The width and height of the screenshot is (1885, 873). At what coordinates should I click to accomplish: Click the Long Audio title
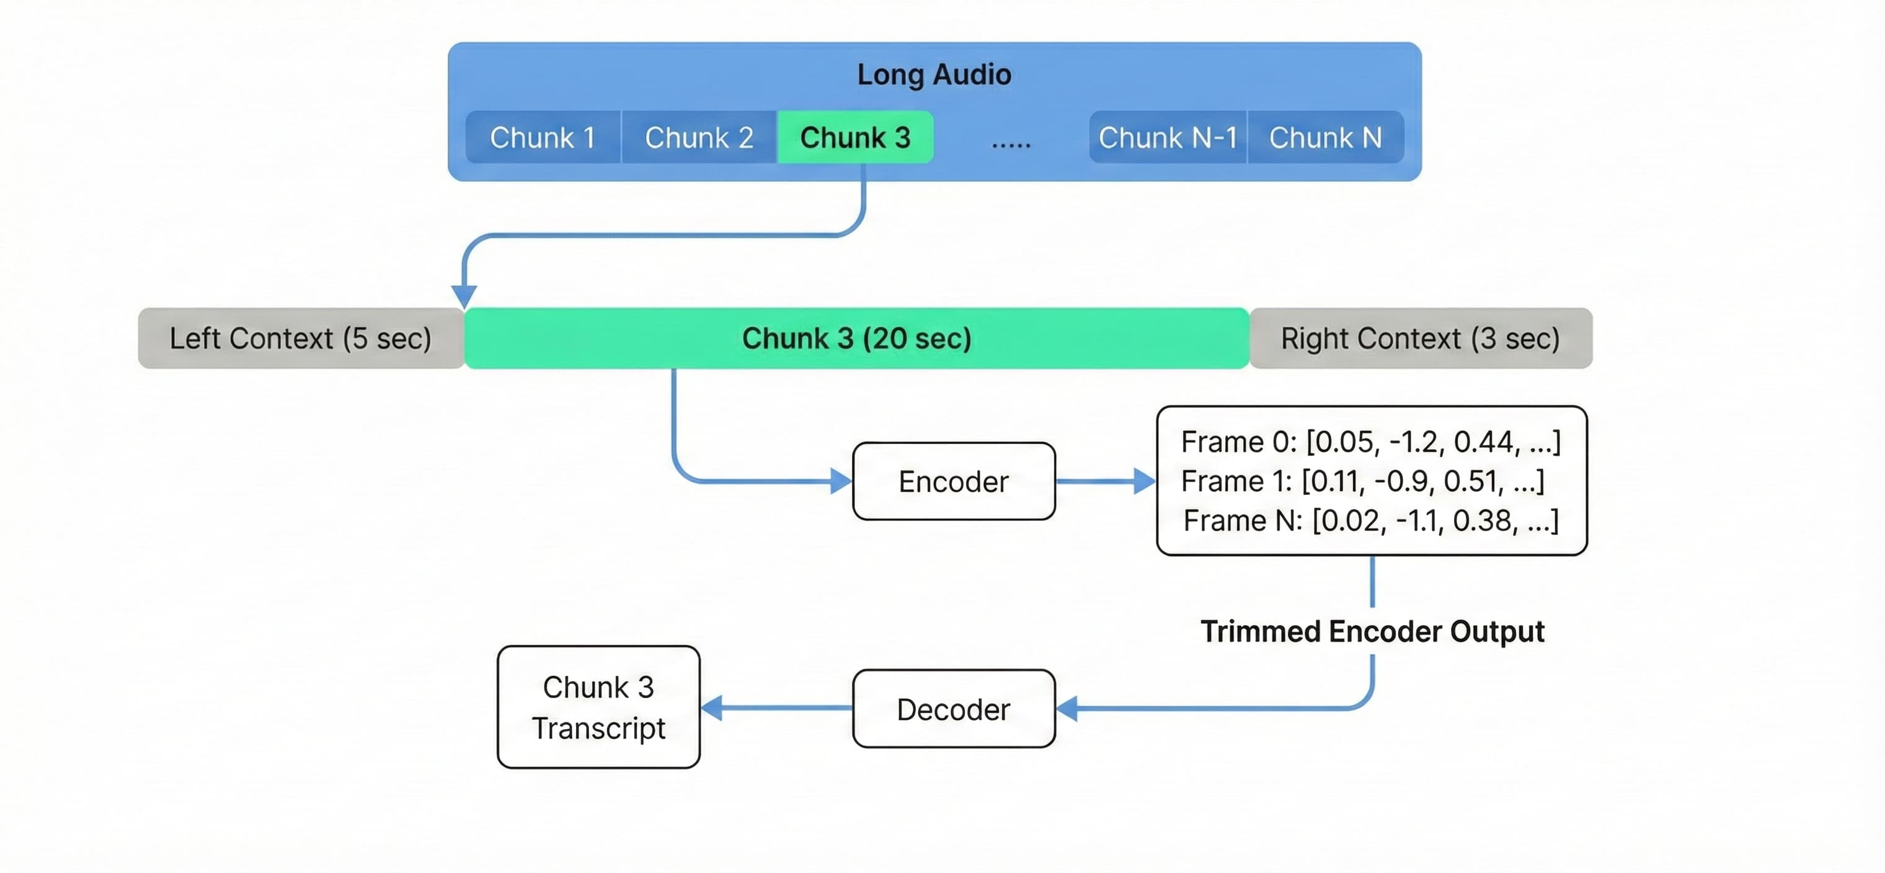[934, 74]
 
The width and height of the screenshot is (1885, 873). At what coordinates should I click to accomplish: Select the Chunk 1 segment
[542, 138]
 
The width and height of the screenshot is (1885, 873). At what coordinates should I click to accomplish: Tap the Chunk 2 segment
[699, 138]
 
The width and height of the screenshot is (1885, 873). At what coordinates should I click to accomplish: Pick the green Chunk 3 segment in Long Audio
[854, 138]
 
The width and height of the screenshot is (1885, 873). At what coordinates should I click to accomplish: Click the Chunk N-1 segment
[1167, 138]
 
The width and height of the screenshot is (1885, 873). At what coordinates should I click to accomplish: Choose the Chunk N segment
[1325, 138]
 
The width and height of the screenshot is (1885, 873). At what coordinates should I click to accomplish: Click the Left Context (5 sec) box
[301, 339]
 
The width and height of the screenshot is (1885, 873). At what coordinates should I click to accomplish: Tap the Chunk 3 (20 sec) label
[856, 339]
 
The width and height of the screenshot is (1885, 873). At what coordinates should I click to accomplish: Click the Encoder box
[954, 482]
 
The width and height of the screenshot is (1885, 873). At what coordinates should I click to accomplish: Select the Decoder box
[954, 709]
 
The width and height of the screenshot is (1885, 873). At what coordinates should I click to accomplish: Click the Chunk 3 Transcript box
[598, 707]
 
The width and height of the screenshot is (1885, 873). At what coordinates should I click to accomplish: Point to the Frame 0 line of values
[1370, 442]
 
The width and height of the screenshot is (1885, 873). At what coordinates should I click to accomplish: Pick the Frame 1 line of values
[1362, 482]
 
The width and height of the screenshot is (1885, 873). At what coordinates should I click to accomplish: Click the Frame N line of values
[1370, 521]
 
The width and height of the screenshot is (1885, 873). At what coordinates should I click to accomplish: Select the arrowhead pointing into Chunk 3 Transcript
[712, 707]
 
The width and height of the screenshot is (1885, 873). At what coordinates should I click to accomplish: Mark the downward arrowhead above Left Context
[464, 296]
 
